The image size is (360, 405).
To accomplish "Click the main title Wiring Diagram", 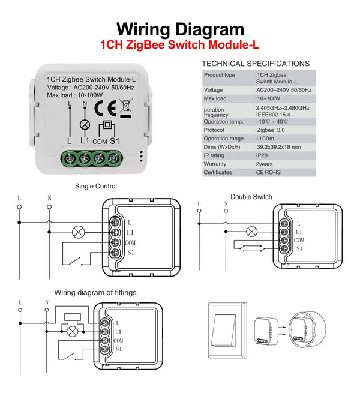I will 180,29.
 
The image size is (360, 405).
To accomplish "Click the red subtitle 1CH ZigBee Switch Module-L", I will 180,45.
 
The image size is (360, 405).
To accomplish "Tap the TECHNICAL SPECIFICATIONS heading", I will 256,63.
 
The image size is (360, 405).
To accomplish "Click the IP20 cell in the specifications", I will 263,155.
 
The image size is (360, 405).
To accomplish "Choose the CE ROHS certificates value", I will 268,172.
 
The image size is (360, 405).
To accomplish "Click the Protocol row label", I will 214,130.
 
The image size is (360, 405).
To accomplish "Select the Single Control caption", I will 96,187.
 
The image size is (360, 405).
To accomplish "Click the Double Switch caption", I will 251,197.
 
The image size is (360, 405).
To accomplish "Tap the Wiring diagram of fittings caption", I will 95,293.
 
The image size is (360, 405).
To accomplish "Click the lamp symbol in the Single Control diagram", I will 77,232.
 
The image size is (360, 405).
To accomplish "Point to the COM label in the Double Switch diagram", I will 300,240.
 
